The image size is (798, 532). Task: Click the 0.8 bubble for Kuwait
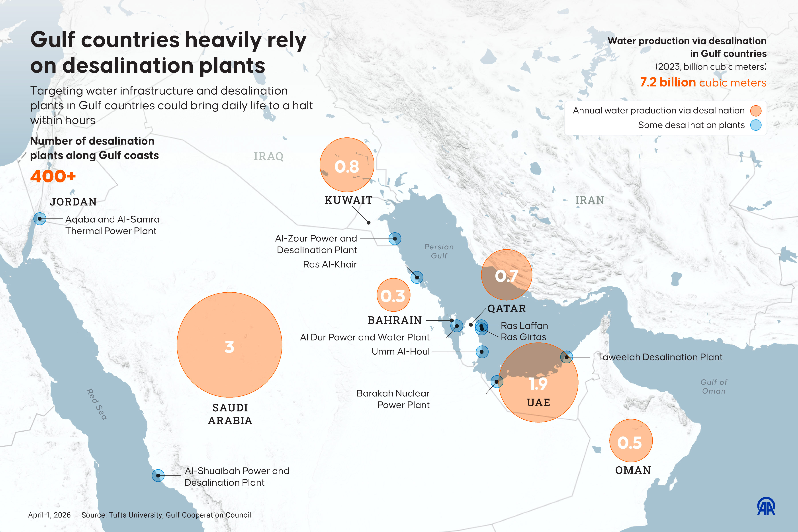click(x=347, y=165)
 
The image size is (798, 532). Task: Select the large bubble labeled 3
click(x=229, y=345)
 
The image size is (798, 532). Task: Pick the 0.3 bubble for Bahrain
click(x=393, y=295)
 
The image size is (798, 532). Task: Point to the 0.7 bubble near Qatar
click(x=506, y=275)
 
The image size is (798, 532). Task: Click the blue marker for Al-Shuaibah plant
click(x=158, y=475)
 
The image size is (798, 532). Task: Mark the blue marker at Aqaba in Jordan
click(x=40, y=219)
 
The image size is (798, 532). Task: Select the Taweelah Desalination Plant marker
click(x=566, y=357)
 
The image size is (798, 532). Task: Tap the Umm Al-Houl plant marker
click(x=482, y=352)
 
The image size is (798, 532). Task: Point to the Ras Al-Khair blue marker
click(x=417, y=277)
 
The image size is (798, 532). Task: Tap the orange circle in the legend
click(x=756, y=111)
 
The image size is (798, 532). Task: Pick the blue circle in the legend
click(x=756, y=125)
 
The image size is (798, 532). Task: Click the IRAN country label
click(x=589, y=200)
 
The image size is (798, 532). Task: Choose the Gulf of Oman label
click(x=714, y=386)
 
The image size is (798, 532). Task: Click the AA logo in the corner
click(x=766, y=506)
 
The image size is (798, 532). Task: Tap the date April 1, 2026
click(x=49, y=515)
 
